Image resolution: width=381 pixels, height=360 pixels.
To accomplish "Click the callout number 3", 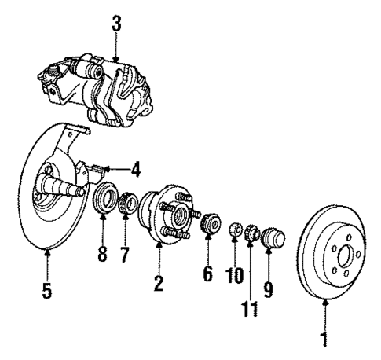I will tap(116, 24).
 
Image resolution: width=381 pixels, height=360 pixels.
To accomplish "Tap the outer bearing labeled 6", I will tap(208, 223).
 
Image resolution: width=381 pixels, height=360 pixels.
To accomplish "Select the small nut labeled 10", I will tap(234, 231).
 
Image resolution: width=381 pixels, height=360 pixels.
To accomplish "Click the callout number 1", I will tap(324, 343).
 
